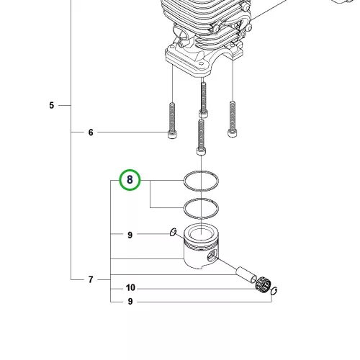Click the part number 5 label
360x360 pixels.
pyautogui.click(x=52, y=105)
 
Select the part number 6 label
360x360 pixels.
pyautogui.click(x=91, y=132)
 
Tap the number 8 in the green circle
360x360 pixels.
pyautogui.click(x=130, y=179)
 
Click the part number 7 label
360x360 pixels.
pyautogui.click(x=91, y=279)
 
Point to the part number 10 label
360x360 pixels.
pyautogui.click(x=130, y=287)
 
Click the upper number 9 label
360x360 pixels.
pyautogui.click(x=130, y=235)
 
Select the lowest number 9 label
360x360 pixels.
pyautogui.click(x=130, y=302)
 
